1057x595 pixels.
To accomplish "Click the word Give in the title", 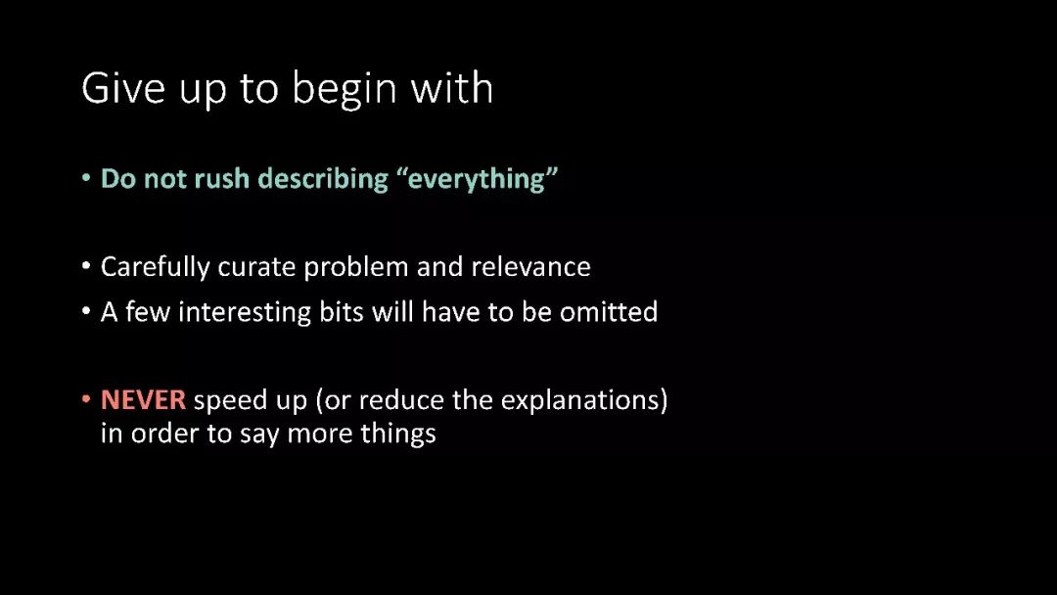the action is coord(123,87).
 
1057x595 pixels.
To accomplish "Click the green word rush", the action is coord(222,178).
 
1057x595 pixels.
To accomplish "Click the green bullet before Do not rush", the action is coord(85,178).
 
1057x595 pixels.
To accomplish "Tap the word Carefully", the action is coord(155,267).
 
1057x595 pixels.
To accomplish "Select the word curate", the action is coord(256,267).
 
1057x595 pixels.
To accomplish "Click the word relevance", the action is coord(530,267).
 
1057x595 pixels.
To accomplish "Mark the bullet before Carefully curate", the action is coord(85,266).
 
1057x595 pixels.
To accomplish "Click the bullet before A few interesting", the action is coord(85,311).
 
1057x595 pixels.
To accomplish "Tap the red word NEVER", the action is coord(143,400).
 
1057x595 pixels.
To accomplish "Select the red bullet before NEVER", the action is coord(85,399).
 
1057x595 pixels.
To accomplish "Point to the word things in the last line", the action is coord(397,434).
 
